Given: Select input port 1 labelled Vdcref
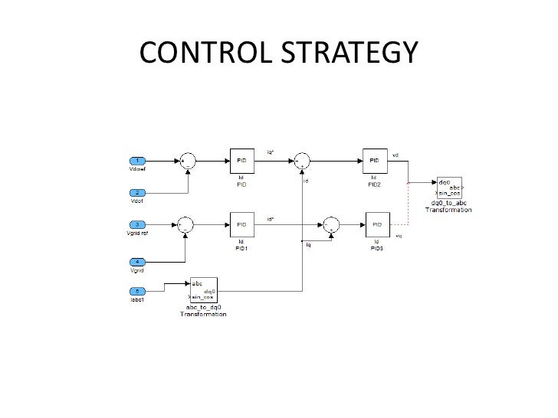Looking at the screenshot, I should [x=136, y=161].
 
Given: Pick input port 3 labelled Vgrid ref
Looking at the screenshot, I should [x=136, y=224].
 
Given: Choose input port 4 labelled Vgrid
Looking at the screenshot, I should [x=136, y=262].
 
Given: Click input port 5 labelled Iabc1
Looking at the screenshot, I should [x=136, y=290].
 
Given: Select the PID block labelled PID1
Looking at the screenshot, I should [x=241, y=224].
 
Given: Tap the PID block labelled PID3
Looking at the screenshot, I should [x=376, y=224].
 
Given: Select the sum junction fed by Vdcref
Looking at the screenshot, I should [x=186, y=161].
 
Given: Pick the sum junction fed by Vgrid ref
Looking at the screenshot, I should [x=186, y=224].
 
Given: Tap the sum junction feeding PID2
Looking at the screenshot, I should [x=301, y=161].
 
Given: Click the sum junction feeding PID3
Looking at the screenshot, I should [x=332, y=224].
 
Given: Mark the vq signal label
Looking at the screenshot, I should [x=399, y=236].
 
